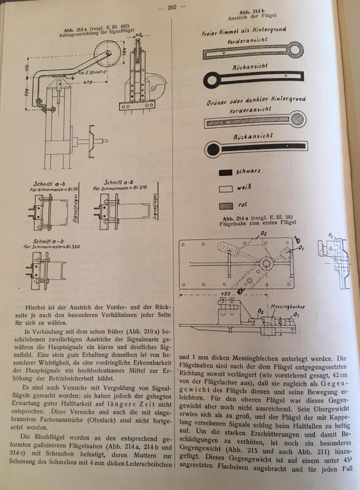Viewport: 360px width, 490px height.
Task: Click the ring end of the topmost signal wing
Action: [295, 50]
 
